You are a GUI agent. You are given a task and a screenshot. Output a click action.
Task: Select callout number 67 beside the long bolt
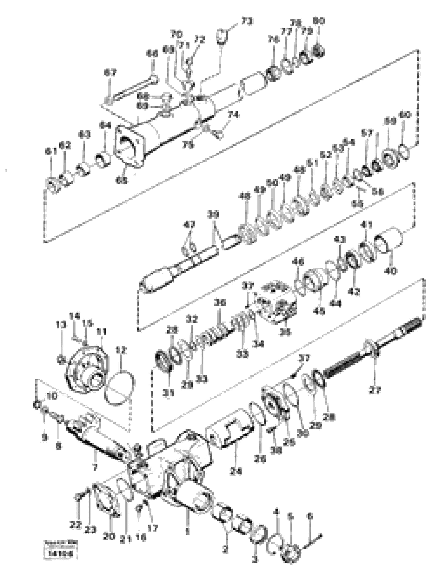(x=110, y=73)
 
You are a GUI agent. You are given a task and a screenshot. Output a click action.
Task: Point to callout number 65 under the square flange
(x=121, y=181)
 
